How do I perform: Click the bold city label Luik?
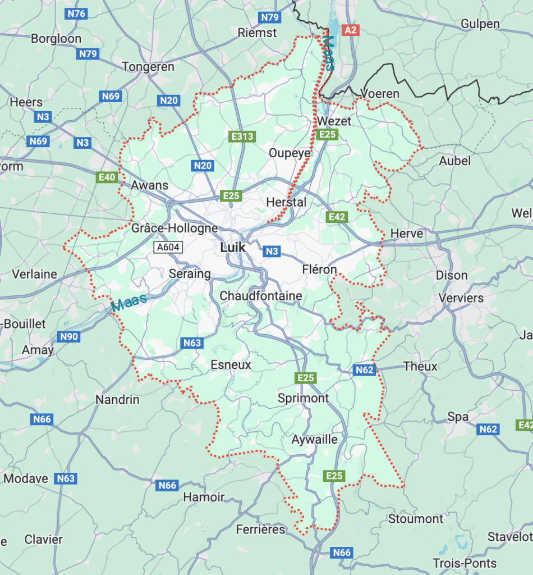(x=233, y=248)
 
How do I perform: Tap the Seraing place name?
(x=190, y=274)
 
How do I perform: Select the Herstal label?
(x=286, y=202)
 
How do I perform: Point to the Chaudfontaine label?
(x=260, y=296)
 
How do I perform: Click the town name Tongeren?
(x=148, y=67)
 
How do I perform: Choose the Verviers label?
(x=461, y=298)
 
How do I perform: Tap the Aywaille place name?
(x=314, y=440)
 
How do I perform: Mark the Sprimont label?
(x=303, y=398)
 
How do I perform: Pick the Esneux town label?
(x=231, y=365)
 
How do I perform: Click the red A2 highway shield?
(x=350, y=30)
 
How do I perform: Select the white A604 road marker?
(x=168, y=248)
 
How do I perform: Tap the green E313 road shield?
(x=242, y=136)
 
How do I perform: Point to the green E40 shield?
(x=107, y=177)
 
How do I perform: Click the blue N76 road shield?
(x=76, y=13)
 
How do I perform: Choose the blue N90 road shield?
(x=68, y=337)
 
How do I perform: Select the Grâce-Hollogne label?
(x=174, y=229)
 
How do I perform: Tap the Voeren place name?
(x=380, y=94)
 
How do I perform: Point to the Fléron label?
(x=319, y=270)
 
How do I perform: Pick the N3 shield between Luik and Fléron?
(x=272, y=251)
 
